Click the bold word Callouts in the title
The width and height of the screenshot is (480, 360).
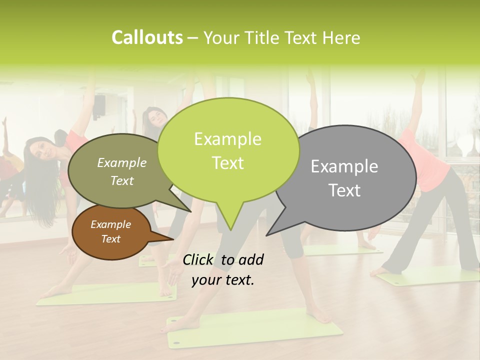(x=147, y=37)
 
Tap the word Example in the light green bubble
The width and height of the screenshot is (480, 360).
(x=227, y=139)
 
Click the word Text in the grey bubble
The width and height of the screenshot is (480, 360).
(x=344, y=190)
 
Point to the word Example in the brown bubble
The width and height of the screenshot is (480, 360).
(x=110, y=224)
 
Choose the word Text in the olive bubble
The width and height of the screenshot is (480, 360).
(x=122, y=180)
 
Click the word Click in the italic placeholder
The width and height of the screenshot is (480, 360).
(x=198, y=259)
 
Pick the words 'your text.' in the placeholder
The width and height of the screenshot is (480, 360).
(x=223, y=280)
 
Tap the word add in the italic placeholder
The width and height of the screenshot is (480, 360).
(x=251, y=259)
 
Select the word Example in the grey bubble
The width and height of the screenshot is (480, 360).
(x=344, y=166)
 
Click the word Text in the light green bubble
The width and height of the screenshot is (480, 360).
(x=227, y=163)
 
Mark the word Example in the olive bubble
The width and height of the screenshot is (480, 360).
(x=122, y=162)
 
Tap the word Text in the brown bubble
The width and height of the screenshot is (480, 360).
(x=110, y=239)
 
